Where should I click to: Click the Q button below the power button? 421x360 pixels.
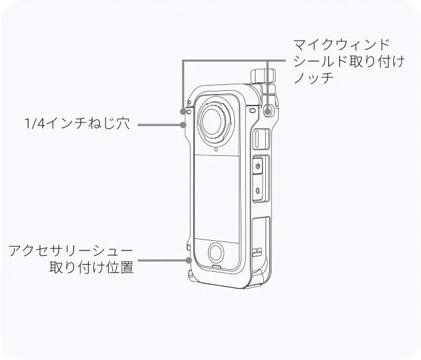point(257,190)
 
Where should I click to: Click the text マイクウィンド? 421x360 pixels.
point(341,46)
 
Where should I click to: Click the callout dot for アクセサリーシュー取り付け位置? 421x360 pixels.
point(188,261)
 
